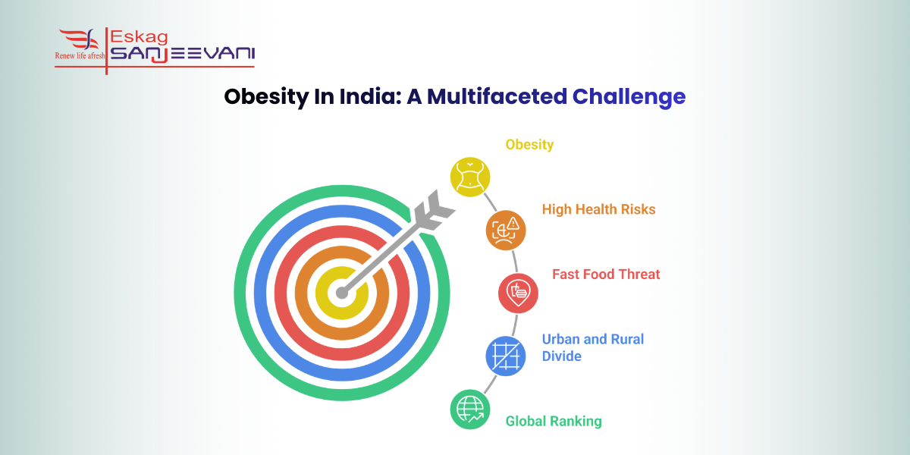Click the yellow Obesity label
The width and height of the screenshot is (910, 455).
point(529,144)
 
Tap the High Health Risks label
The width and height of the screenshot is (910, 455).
point(598,209)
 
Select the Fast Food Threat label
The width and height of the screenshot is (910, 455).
point(606,274)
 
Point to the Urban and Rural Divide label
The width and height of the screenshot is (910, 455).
point(592,347)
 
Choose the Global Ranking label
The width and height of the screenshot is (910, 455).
point(554,421)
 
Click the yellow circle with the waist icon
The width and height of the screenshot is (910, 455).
point(470,177)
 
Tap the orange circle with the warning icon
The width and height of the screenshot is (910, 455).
point(506,230)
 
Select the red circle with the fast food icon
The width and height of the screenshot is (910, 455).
point(518,293)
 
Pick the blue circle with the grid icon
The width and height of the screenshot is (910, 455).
point(505,356)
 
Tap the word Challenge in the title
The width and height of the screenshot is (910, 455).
point(629,97)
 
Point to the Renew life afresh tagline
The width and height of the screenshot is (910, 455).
point(80,56)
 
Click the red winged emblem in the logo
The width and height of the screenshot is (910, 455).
point(79,39)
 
